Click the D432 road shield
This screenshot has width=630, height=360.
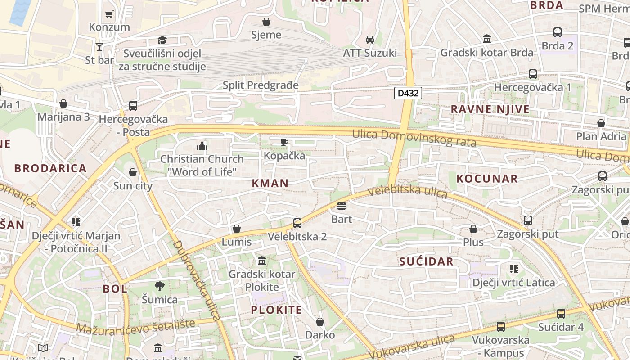click(408, 93)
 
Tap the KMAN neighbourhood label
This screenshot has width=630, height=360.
click(270, 183)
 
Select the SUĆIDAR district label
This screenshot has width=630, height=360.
click(426, 261)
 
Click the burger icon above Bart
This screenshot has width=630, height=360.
click(342, 207)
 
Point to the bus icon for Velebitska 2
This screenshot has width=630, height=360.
click(297, 223)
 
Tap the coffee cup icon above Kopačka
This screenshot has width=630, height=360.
click(284, 143)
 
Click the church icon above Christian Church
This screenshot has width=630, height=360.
click(202, 146)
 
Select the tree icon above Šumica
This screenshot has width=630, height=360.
click(159, 286)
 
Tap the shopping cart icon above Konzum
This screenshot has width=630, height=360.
click(109, 14)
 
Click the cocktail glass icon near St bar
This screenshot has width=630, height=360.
click(99, 47)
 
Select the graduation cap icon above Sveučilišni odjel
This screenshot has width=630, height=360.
click(162, 40)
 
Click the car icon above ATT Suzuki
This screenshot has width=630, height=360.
click(370, 40)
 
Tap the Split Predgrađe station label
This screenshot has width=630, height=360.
click(261, 85)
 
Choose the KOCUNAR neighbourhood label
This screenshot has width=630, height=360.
click(487, 179)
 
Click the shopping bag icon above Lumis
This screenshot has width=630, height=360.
click(237, 229)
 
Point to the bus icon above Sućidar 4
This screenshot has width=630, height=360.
click(561, 314)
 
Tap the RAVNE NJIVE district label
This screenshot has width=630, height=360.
click(490, 109)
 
